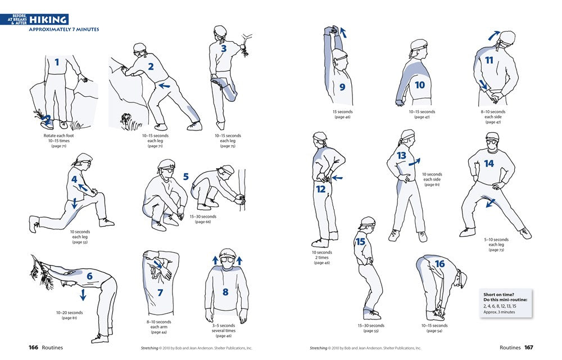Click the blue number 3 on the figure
pyautogui.click(x=224, y=48)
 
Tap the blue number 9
pyautogui.click(x=342, y=87)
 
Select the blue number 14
pyautogui.click(x=489, y=164)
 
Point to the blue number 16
pyautogui.click(x=439, y=264)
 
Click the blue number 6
pyautogui.click(x=89, y=276)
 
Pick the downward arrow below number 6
pyautogui.click(x=83, y=295)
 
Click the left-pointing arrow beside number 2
pyautogui.click(x=164, y=86)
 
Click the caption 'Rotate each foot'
pyautogui.click(x=58, y=136)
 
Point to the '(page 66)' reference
pyautogui.click(x=203, y=222)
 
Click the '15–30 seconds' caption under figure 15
pyautogui.click(x=371, y=325)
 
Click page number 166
pyautogui.click(x=33, y=348)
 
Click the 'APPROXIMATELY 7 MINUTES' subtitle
pyautogui.click(x=64, y=29)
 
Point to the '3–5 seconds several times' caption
pyautogui.click(x=224, y=328)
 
